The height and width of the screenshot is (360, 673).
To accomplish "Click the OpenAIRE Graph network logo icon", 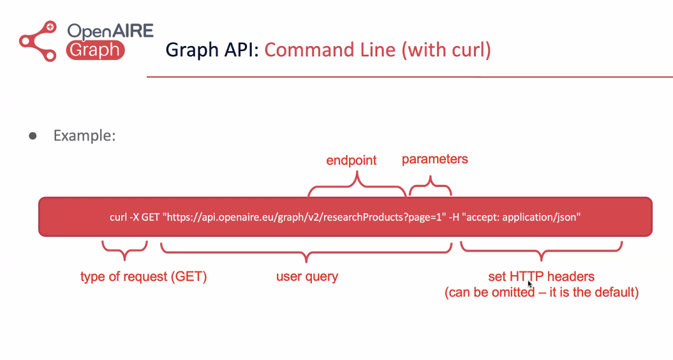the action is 38,41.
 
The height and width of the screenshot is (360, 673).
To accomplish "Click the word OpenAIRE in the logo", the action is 110,31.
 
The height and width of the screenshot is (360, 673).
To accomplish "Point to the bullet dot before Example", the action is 33,136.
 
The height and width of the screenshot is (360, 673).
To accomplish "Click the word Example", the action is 85,136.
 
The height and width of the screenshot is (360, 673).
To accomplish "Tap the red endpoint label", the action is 351,160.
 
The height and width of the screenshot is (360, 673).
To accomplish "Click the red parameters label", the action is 435,160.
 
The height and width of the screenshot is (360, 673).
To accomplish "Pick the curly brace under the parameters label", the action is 430,185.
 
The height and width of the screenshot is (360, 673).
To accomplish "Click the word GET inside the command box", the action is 150,217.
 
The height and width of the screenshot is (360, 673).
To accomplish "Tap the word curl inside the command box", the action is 118,217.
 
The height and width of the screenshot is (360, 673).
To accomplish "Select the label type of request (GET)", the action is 144,276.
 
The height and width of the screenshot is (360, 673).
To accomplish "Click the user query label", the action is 307,276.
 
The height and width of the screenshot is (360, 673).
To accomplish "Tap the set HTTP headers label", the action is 541,276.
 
